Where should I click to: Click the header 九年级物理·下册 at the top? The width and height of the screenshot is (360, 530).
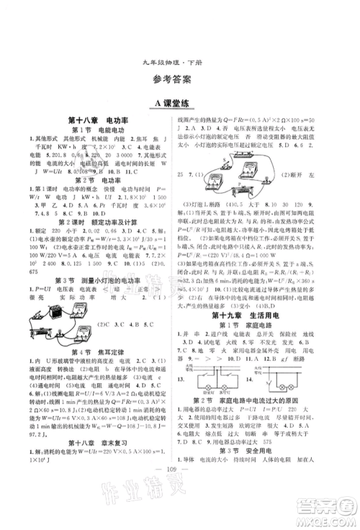pyautogui.click(x=179, y=59)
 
